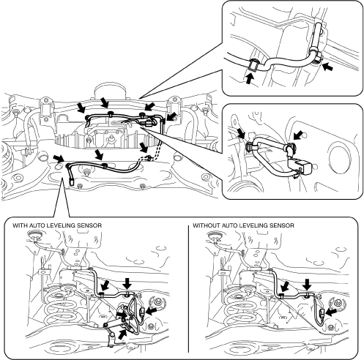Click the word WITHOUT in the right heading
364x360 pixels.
204,225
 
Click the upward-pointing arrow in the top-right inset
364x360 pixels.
249,78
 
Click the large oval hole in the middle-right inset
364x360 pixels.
338,157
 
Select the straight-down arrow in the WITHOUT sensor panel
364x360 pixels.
308,285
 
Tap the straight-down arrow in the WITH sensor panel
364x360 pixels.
127,285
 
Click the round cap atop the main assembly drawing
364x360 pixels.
111,91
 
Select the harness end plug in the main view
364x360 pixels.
72,182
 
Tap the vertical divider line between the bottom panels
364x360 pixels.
188,289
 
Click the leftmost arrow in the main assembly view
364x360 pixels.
59,158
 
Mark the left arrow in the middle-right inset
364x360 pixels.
241,134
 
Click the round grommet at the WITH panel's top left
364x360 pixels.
35,235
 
